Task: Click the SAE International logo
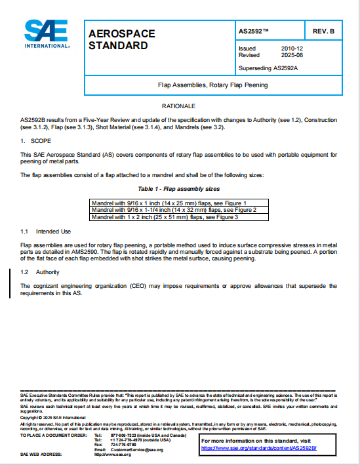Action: [x=47, y=34]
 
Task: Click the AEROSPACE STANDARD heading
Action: [x=118, y=40]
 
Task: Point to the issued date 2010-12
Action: [x=292, y=49]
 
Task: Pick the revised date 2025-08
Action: [x=292, y=55]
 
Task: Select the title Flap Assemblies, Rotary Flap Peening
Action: [x=212, y=85]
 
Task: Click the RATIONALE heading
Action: [x=179, y=106]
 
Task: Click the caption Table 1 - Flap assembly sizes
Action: [x=179, y=188]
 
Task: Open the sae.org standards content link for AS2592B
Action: [x=258, y=447]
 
